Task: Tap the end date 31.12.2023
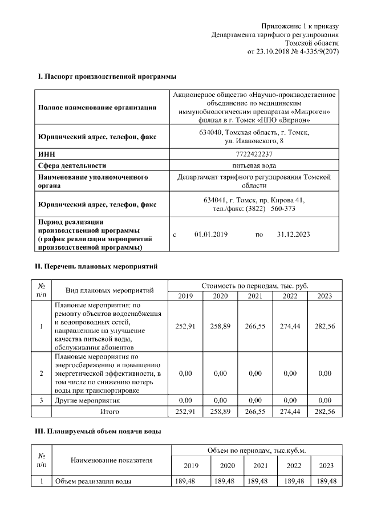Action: (293, 234)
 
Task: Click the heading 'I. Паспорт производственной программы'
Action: (106, 76)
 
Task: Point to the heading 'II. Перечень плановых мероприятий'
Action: (96, 266)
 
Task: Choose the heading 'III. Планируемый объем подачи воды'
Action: (98, 432)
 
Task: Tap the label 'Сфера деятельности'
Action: (72, 165)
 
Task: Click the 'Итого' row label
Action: (109, 411)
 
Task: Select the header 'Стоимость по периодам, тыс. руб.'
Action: (255, 285)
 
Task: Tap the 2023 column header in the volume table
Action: (325, 466)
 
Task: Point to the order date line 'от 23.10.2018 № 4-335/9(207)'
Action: (293, 51)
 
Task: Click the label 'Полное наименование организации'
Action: (97, 107)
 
